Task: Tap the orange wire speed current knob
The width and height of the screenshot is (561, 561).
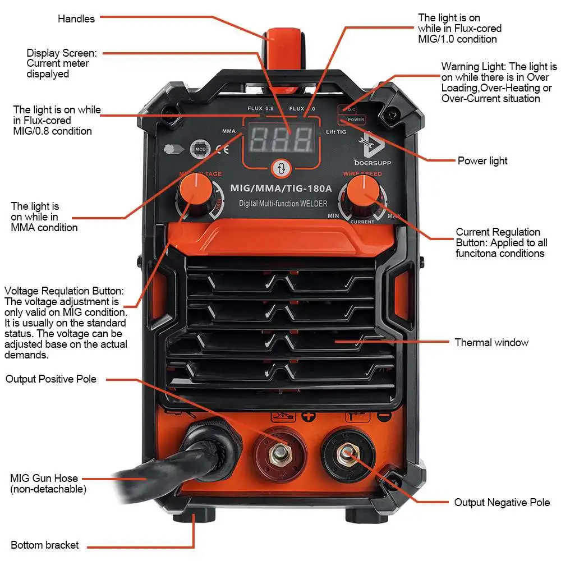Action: point(364,194)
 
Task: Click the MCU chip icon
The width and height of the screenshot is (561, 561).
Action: point(199,149)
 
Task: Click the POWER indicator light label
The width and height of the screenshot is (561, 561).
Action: point(355,119)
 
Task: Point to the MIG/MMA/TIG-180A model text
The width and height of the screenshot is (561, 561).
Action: point(281,188)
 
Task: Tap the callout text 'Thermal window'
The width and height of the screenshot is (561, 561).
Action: point(491,342)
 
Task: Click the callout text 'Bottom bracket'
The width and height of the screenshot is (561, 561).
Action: point(45,545)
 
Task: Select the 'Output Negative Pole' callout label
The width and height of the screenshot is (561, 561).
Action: point(502,503)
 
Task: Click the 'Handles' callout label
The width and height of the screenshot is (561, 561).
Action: point(76,19)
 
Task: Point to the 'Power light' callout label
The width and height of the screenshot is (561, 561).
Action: point(482,161)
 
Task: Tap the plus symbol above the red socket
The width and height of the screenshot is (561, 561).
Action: point(307,416)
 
